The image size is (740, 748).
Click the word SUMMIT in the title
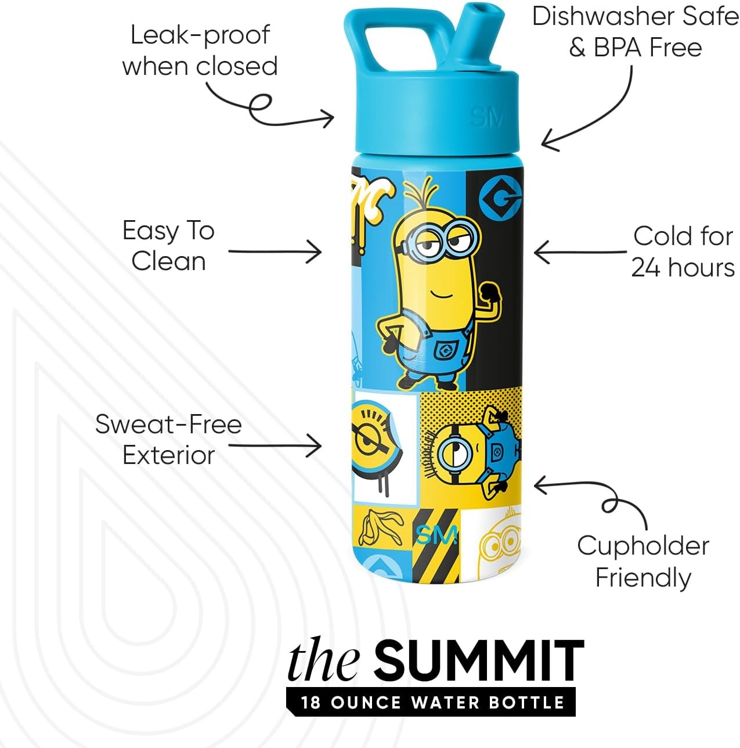coord(479,662)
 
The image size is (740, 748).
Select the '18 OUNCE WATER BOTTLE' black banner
coord(431,703)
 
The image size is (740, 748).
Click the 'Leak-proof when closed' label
coord(200,51)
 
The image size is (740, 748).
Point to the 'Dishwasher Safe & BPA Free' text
coord(636,32)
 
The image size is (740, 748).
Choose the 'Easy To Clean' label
coord(168,246)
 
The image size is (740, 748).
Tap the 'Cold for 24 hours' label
coord(683,251)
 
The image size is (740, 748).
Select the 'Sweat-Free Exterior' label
coord(168,440)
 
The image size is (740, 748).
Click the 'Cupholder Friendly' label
coord(643,562)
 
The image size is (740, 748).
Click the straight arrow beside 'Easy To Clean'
coord(275,252)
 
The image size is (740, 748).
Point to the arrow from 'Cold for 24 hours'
coord(580,252)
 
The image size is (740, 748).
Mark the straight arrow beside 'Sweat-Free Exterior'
coord(275,445)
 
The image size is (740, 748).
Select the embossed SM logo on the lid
coord(486,117)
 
